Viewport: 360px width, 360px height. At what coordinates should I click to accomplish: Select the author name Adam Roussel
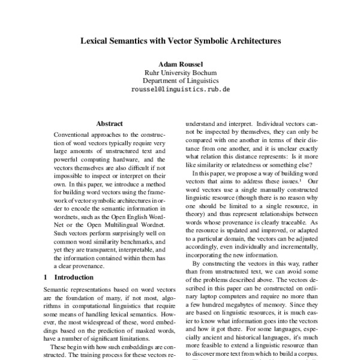coord(180,63)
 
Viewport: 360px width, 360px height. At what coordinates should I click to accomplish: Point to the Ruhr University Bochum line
coord(180,72)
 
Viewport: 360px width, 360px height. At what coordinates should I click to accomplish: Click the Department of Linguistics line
coord(180,80)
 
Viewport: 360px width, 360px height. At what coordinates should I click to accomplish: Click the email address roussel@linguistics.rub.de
coord(180,89)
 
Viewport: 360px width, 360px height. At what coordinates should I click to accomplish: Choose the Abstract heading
coord(109,124)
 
